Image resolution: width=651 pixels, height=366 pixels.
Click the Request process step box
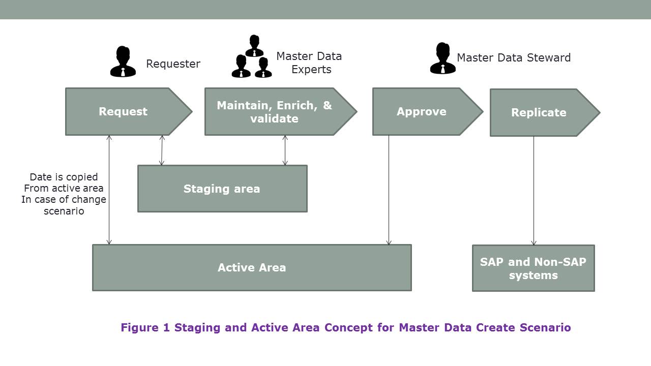[x=123, y=112]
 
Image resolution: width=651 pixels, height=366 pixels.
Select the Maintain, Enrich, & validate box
[x=275, y=112]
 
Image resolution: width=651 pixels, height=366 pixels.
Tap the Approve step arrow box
[x=422, y=112]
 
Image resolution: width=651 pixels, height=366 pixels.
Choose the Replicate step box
[x=539, y=113]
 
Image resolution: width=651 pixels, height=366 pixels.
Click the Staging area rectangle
[x=222, y=189]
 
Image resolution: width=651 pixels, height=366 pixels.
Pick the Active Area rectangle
[x=252, y=267]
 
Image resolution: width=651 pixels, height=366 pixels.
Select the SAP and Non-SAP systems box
[x=533, y=268]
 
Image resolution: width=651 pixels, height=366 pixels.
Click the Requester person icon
[x=123, y=62]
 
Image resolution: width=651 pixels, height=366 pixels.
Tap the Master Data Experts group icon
[x=252, y=57]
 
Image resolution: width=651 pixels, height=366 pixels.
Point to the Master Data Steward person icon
[x=442, y=59]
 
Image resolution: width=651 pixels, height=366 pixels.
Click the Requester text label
[x=173, y=64]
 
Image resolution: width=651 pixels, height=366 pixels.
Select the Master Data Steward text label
[x=514, y=58]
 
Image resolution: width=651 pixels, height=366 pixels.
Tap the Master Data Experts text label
[x=309, y=63]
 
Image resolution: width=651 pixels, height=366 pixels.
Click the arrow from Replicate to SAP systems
[x=534, y=191]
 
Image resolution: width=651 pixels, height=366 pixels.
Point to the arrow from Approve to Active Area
[x=389, y=191]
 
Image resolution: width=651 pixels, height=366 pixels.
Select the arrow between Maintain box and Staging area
[x=285, y=150]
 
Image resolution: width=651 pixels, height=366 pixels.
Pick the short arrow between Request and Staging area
[x=162, y=150]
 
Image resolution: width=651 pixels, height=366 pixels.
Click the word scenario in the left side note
[x=64, y=210]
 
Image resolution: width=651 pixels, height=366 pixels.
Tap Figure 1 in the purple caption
[x=145, y=327]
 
